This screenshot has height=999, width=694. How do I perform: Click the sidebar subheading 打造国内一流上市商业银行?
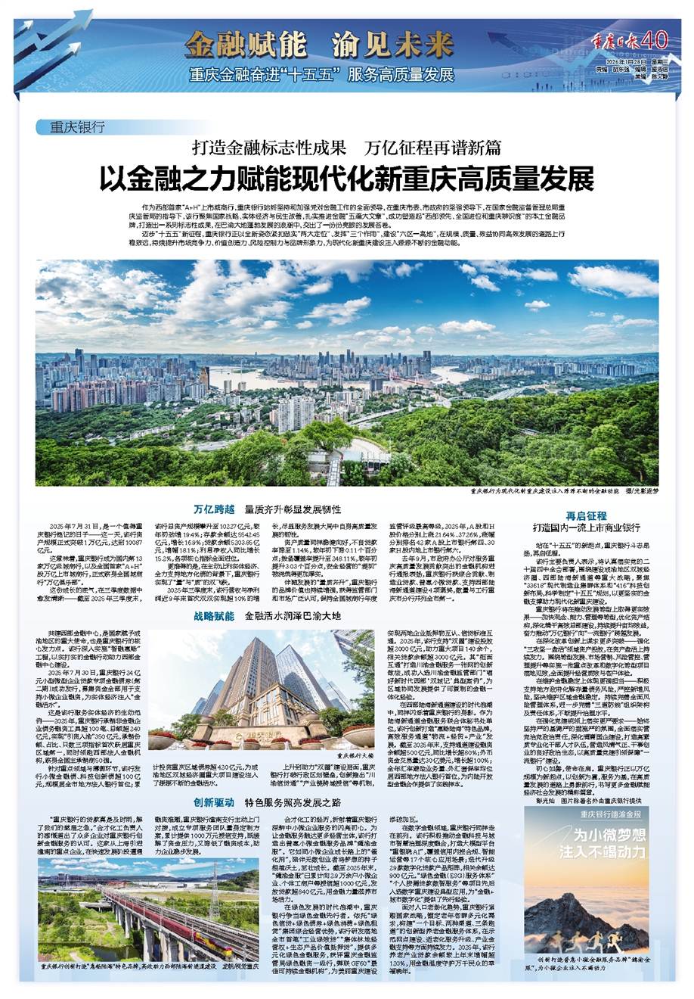click(x=587, y=527)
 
